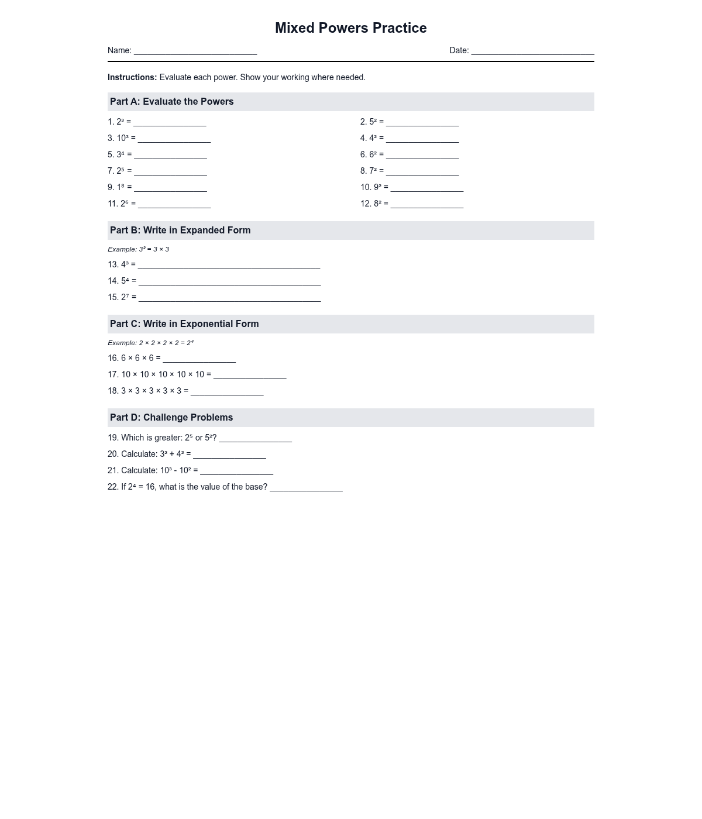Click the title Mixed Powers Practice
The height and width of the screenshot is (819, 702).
click(350, 28)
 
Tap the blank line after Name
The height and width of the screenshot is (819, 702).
click(195, 51)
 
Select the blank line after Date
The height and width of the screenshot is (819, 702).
click(532, 51)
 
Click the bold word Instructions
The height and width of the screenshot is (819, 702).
click(132, 77)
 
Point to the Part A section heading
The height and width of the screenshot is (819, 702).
click(172, 102)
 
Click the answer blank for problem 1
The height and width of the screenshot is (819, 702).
click(170, 123)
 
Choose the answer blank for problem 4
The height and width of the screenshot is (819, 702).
click(422, 139)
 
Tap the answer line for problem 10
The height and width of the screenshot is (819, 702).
click(427, 188)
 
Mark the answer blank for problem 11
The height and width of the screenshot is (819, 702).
click(174, 205)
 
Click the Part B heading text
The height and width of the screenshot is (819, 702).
click(180, 230)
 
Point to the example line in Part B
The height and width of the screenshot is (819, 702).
click(139, 249)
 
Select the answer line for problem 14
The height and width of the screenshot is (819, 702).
click(229, 282)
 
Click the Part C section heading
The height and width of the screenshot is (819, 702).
click(184, 324)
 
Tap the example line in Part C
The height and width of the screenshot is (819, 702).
click(151, 343)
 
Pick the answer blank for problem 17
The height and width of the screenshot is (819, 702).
click(250, 376)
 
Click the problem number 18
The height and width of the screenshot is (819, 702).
click(113, 391)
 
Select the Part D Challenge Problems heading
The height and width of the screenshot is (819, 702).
click(171, 418)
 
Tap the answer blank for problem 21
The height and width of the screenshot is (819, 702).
click(236, 472)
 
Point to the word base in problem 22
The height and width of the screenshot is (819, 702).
click(256, 487)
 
